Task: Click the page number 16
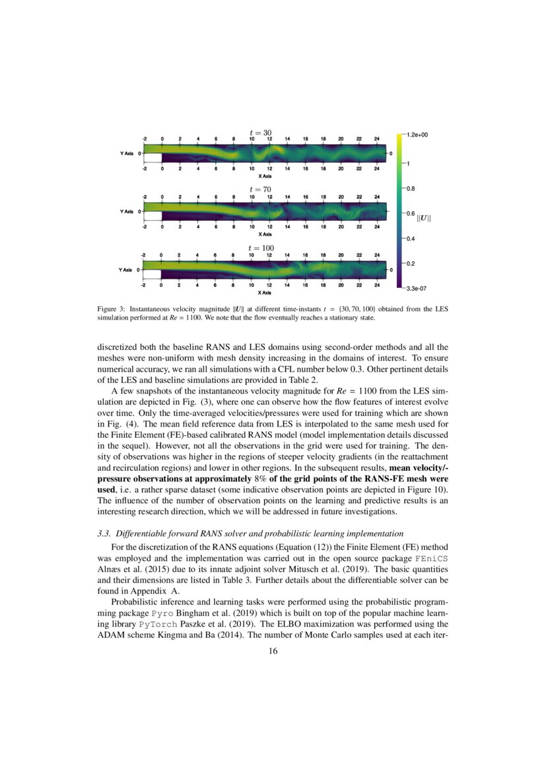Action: (x=273, y=652)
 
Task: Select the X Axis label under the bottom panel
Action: (x=265, y=293)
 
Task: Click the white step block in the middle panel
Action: (x=153, y=216)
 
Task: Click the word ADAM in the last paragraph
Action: (x=112, y=636)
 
